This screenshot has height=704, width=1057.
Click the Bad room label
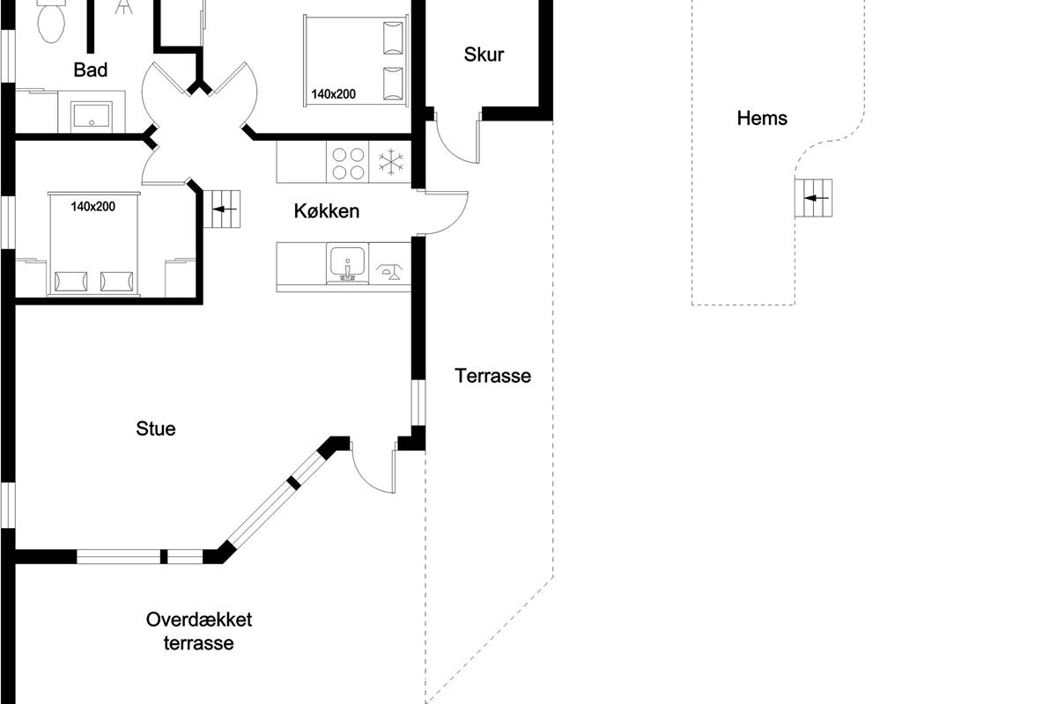[91, 70]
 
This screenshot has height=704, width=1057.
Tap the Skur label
[484, 55]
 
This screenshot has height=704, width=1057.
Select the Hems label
[762, 118]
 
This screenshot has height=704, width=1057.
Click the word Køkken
[327, 211]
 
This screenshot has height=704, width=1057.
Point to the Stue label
[156, 429]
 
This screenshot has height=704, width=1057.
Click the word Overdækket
[199, 620]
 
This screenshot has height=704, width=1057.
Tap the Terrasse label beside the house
[492, 376]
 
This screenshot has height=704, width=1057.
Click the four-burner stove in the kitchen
[348, 163]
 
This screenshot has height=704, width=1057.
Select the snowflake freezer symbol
[391, 162]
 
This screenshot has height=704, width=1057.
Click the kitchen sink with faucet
[347, 264]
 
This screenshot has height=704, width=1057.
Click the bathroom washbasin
[92, 116]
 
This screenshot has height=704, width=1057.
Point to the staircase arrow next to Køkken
[225, 209]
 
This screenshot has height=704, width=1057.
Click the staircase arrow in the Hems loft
[817, 198]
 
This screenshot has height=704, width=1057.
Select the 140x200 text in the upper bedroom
[333, 94]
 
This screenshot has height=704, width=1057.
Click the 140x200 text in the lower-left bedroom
[93, 207]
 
